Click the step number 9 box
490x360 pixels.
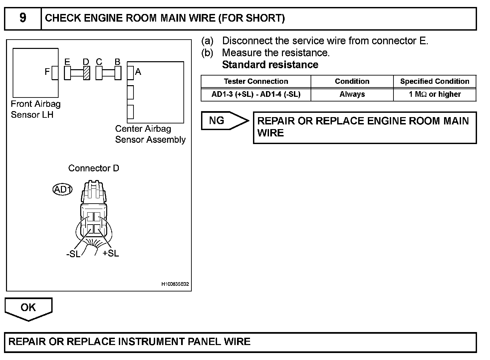23,18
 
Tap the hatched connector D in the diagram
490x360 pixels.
87,73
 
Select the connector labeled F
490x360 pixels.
55,73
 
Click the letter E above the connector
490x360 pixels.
67,62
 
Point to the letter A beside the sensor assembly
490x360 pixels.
138,72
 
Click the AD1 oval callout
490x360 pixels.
63,190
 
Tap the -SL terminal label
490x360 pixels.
73,254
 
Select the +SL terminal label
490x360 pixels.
111,253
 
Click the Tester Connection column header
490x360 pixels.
256,82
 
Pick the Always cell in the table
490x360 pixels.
352,94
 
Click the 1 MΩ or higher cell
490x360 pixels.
434,94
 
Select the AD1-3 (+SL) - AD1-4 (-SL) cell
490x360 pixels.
256,94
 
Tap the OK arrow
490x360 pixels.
28,308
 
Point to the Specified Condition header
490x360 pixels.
434,82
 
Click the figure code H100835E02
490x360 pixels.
175,284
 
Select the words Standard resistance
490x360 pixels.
270,65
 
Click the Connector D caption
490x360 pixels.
94,168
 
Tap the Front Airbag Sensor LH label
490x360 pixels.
35,109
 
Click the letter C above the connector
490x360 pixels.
99,62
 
